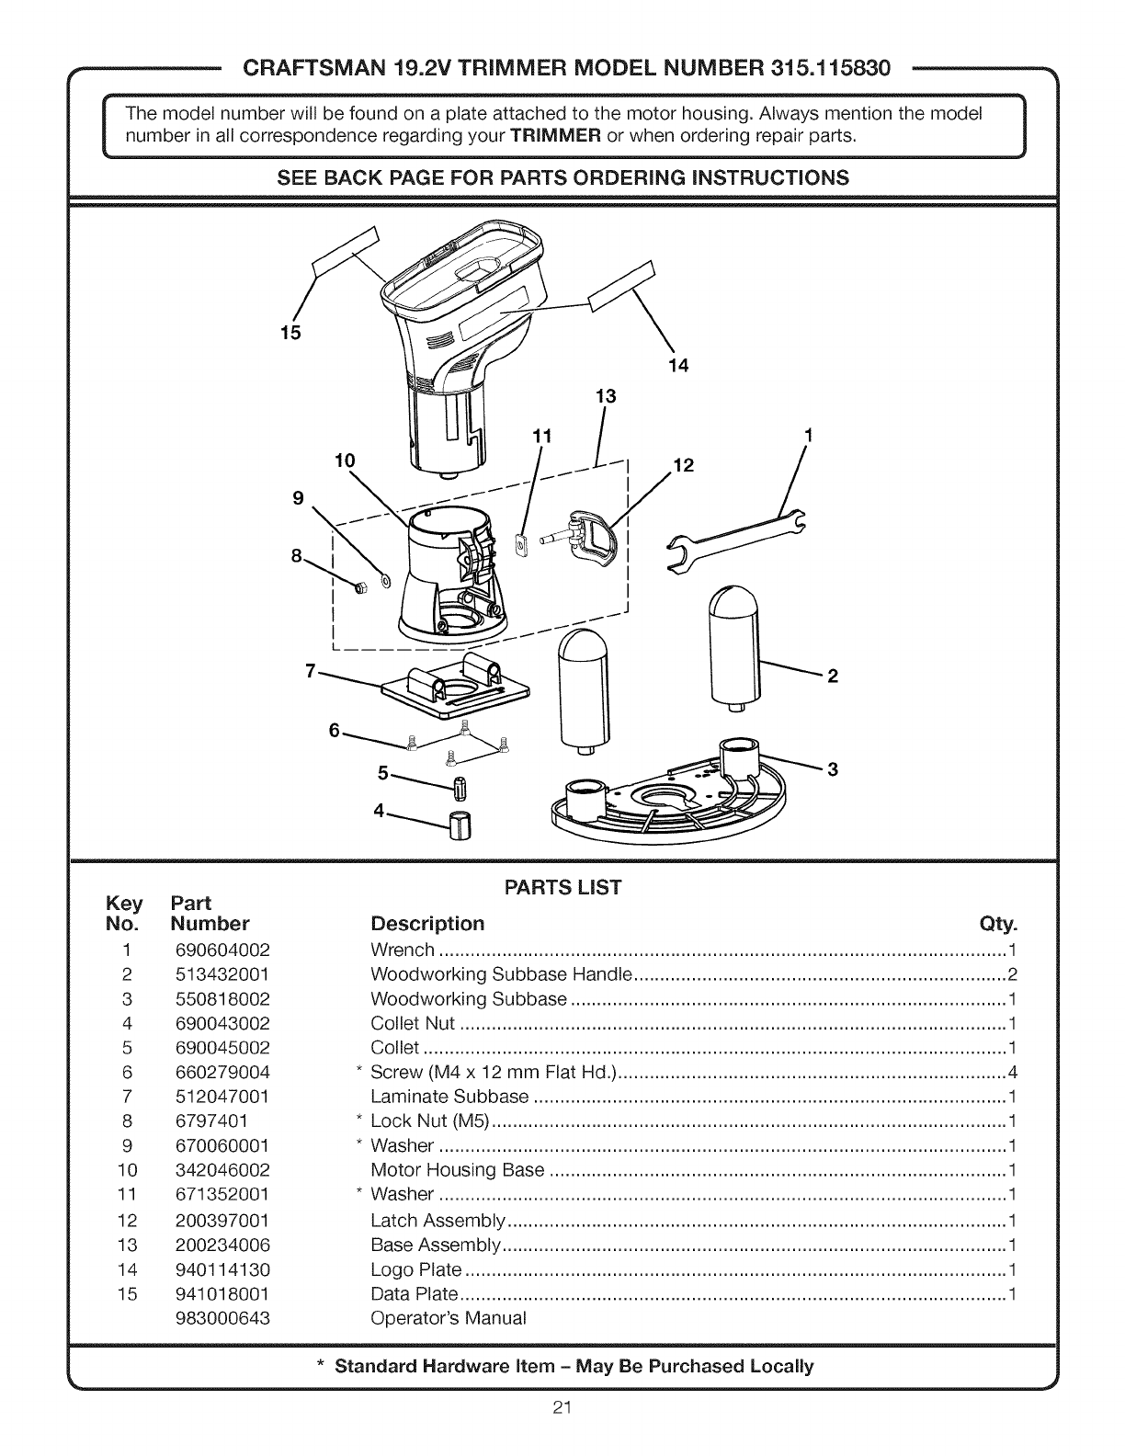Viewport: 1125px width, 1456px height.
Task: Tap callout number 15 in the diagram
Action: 290,333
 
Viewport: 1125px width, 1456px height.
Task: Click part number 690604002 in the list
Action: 222,950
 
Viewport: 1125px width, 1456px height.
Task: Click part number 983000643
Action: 222,1318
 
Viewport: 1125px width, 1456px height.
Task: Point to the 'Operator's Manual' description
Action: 449,1318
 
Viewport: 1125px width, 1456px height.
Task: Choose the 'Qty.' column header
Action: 999,923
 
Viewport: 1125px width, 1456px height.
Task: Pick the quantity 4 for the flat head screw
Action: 1012,1072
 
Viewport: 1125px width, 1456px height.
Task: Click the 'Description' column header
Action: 426,923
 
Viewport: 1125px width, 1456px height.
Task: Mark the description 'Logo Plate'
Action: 415,1269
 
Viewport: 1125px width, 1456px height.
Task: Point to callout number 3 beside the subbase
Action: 833,770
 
